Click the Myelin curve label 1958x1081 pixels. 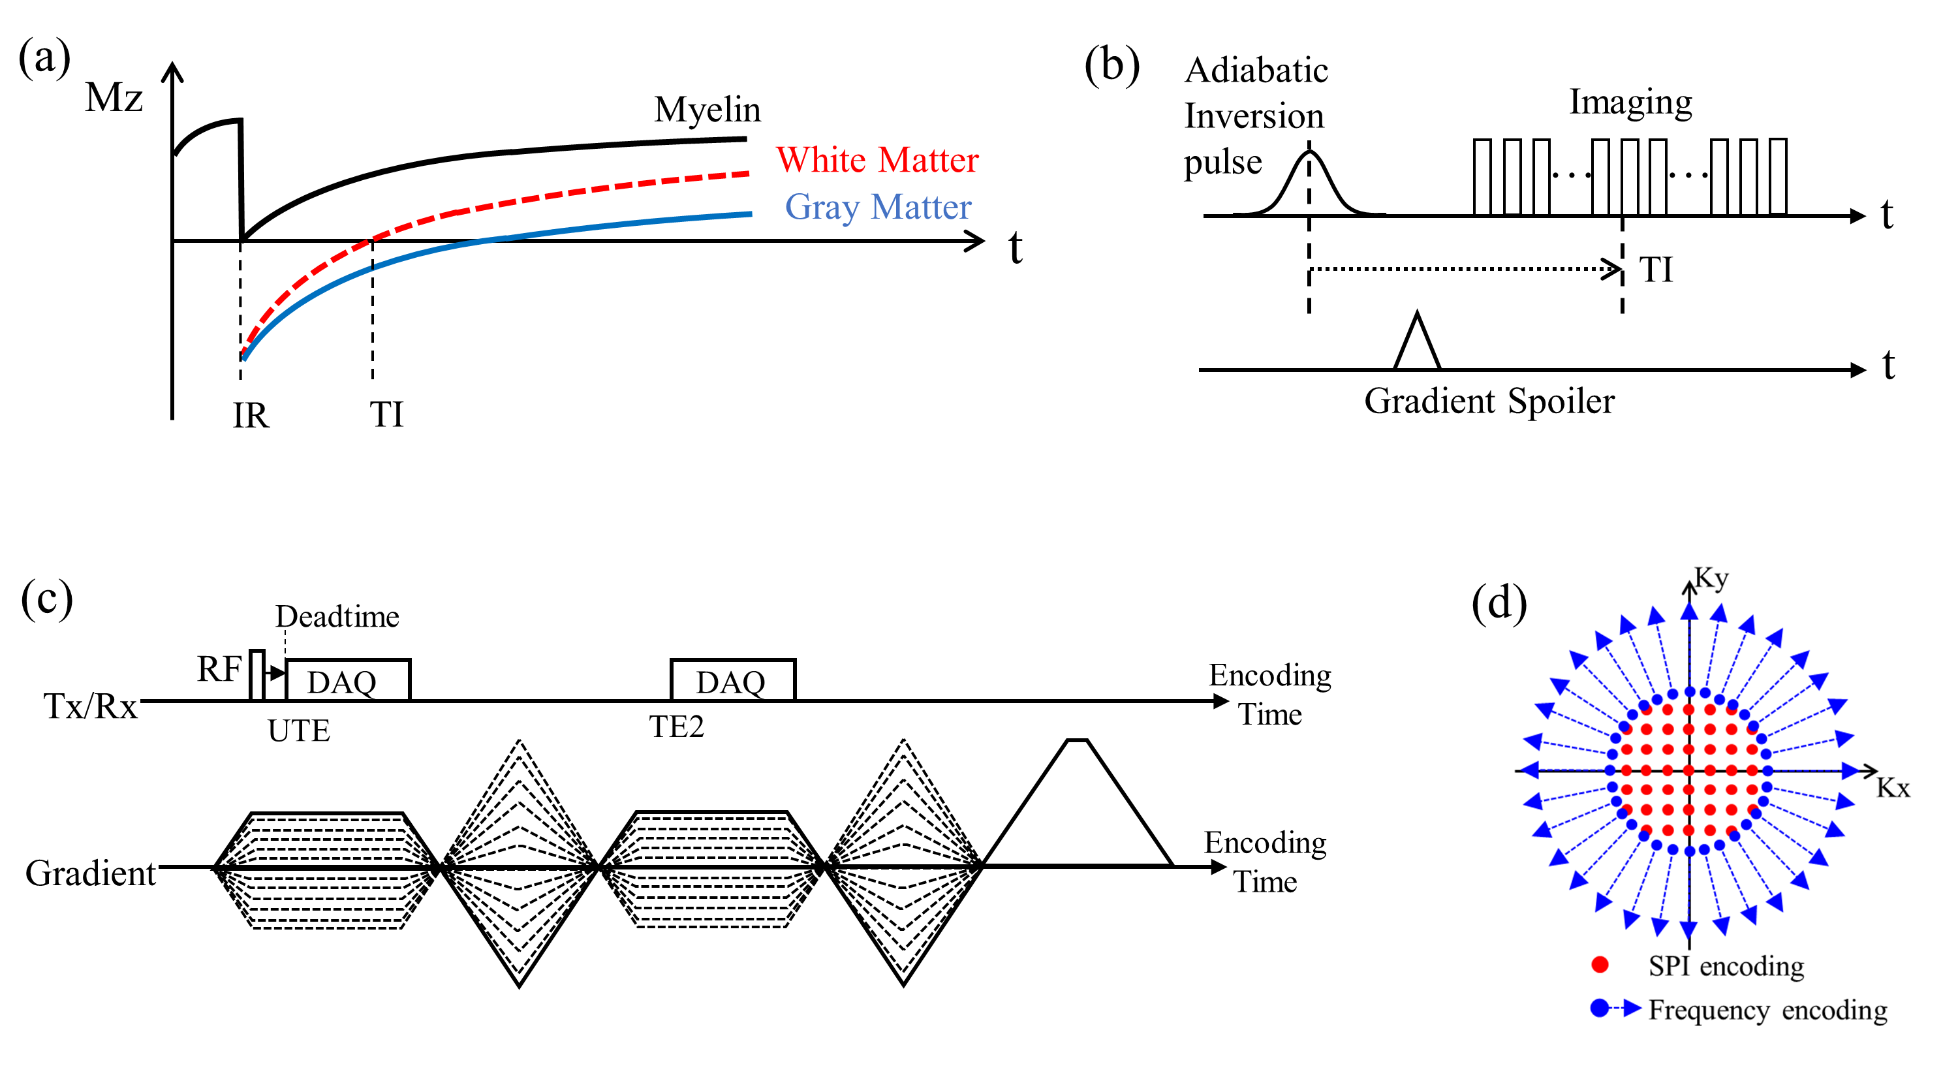pyautogui.click(x=707, y=110)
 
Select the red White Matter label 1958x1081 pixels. pyautogui.click(x=877, y=161)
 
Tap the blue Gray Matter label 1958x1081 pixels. pyautogui.click(x=878, y=207)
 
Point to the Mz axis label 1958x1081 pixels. pyautogui.click(x=114, y=98)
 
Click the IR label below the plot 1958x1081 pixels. pyautogui.click(x=251, y=416)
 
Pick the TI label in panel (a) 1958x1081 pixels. pyautogui.click(x=386, y=415)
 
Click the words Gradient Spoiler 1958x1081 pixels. pyautogui.click(x=1489, y=401)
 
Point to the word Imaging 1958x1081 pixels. pyautogui.click(x=1630, y=102)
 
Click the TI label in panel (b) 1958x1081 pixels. pyautogui.click(x=1655, y=270)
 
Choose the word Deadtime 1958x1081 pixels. pyautogui.click(x=337, y=616)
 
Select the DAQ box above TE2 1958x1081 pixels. pyautogui.click(x=733, y=680)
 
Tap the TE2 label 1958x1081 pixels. pyautogui.click(x=676, y=727)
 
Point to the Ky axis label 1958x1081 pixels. pyautogui.click(x=1712, y=578)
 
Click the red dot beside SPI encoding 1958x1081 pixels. pyautogui.click(x=1599, y=965)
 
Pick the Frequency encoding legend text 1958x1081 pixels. pyautogui.click(x=1767, y=1010)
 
